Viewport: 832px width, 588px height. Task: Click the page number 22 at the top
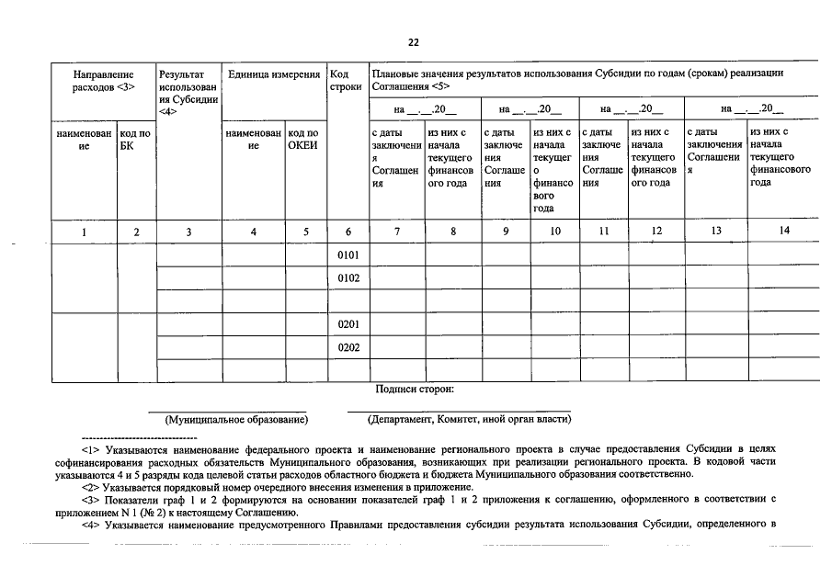[x=415, y=41]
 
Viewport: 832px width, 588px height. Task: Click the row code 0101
[x=348, y=254]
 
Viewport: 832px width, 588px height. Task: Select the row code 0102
[x=348, y=277]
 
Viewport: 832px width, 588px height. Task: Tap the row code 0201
[x=348, y=324]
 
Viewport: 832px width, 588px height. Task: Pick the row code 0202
[x=348, y=347]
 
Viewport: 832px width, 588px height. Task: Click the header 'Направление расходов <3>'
[x=103, y=80]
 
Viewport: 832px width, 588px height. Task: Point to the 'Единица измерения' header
[x=273, y=73]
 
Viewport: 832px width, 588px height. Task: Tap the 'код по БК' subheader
[x=135, y=140]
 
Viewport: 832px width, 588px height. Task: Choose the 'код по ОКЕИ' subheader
[x=303, y=140]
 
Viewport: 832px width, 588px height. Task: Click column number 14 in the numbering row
[x=783, y=232]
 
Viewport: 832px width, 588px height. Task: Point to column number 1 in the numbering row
[x=84, y=232]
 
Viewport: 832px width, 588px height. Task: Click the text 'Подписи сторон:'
[x=415, y=390]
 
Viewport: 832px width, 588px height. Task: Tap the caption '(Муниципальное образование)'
[x=236, y=420]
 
